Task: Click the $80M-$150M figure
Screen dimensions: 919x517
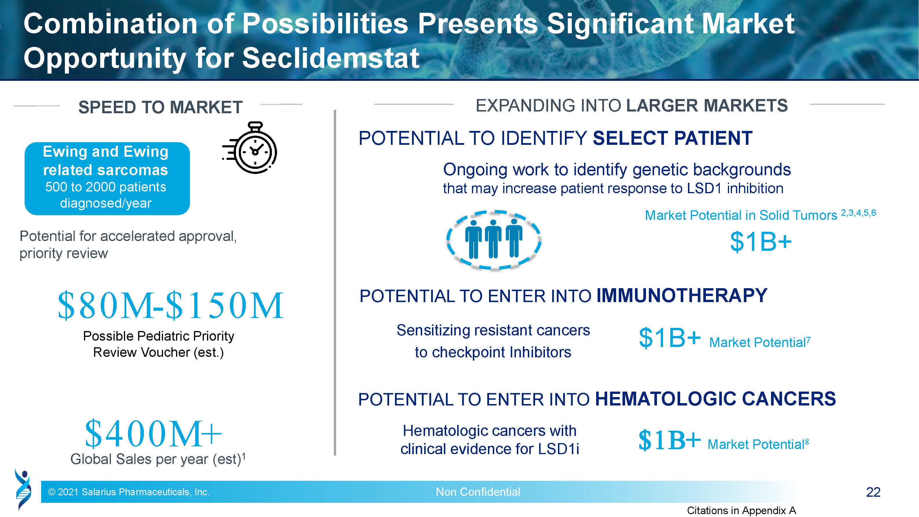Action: pyautogui.click(x=171, y=305)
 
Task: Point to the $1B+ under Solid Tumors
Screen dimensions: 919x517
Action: pyautogui.click(x=761, y=242)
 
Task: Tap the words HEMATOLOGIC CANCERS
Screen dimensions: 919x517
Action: pyautogui.click(x=715, y=399)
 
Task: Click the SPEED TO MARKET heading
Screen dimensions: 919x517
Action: pyautogui.click(x=160, y=107)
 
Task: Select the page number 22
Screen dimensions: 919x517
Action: pyautogui.click(x=873, y=492)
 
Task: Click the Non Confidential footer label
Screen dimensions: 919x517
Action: pyautogui.click(x=478, y=492)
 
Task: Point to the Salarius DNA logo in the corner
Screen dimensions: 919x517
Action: pyautogui.click(x=23, y=489)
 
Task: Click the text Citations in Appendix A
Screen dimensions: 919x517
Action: pyautogui.click(x=741, y=511)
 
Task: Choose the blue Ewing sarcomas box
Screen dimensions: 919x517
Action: pyautogui.click(x=107, y=178)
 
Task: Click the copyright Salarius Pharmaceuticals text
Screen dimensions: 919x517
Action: pyautogui.click(x=129, y=492)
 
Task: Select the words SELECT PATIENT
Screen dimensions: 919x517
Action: pyautogui.click(x=673, y=138)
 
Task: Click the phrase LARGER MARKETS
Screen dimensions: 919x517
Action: pyautogui.click(x=707, y=106)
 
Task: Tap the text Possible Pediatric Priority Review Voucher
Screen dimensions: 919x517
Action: pyautogui.click(x=158, y=344)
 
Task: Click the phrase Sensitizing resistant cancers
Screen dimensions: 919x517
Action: pyautogui.click(x=493, y=330)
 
